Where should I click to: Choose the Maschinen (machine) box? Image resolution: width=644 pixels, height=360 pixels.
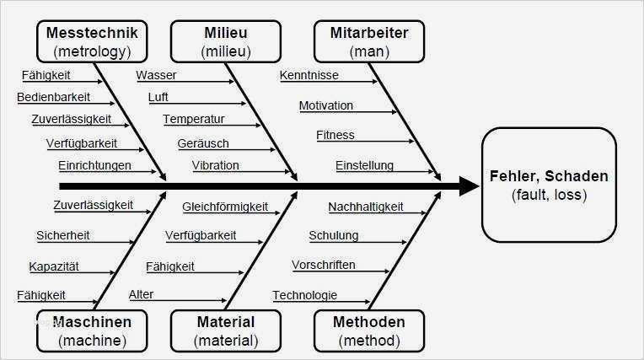pos(91,330)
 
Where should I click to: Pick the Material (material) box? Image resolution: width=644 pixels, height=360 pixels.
pos(226,330)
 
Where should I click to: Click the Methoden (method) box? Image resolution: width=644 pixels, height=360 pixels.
pos(369,330)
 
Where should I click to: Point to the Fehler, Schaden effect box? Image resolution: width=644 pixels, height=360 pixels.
pos(548,185)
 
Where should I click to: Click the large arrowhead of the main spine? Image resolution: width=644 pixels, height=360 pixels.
pos(469,185)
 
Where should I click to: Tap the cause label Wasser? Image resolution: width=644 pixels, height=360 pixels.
pos(156,76)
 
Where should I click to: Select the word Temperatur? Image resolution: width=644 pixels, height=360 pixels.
pos(194,119)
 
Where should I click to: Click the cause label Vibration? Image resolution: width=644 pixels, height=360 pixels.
pos(216,165)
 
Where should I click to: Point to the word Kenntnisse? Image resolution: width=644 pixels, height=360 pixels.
pos(309,76)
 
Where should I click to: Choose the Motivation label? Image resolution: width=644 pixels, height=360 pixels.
pos(326,106)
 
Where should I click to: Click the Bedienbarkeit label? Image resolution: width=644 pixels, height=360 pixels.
pos(54,97)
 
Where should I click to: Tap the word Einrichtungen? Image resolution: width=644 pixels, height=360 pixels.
pos(94,165)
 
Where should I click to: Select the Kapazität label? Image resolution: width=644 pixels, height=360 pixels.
pos(53,266)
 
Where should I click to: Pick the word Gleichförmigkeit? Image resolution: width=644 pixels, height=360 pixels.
pos(225,207)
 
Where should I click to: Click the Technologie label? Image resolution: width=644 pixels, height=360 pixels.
pos(305,295)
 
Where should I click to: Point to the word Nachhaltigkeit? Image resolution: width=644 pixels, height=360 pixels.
pos(366,207)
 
